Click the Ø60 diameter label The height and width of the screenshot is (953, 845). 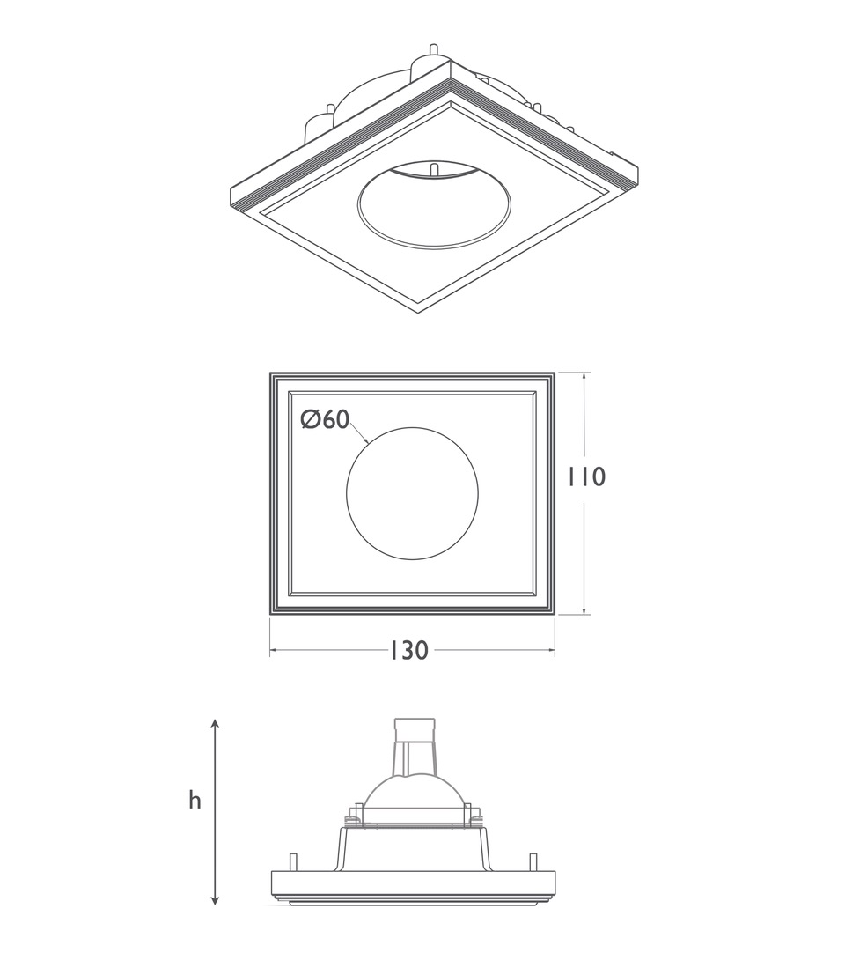pyautogui.click(x=325, y=420)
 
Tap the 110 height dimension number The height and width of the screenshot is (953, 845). pyautogui.click(x=586, y=477)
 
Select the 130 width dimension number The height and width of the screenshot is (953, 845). pyautogui.click(x=408, y=651)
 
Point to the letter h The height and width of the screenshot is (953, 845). pyautogui.click(x=195, y=801)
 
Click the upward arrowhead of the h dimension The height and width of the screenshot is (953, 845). pyautogui.click(x=216, y=723)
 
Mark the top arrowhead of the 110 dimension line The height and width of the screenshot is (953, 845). pyautogui.click(x=586, y=376)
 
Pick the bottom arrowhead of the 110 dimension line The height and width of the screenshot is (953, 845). pyautogui.click(x=586, y=611)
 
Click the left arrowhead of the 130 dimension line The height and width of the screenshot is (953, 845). pyautogui.click(x=274, y=651)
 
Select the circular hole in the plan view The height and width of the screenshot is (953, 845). pyautogui.click(x=412, y=493)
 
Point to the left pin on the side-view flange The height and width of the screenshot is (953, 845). pyautogui.click(x=291, y=861)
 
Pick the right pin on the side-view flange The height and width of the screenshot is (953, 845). pyautogui.click(x=533, y=861)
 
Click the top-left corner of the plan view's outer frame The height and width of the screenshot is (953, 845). pyautogui.click(x=271, y=374)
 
